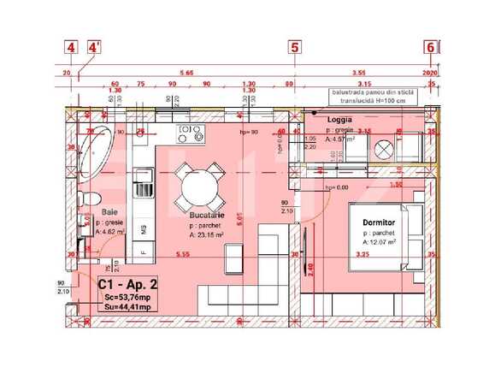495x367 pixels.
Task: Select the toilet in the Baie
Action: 85,199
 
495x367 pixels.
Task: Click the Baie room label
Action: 109,210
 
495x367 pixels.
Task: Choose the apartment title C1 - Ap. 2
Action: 127,284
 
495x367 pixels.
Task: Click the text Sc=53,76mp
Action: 128,297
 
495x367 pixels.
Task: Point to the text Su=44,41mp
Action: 128,307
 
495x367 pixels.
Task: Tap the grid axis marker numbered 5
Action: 295,48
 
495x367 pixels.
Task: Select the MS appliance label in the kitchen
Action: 144,228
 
